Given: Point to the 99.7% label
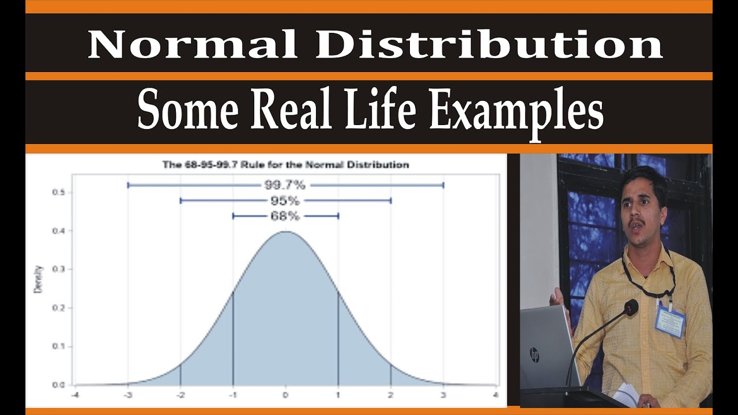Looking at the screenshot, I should [x=285, y=185].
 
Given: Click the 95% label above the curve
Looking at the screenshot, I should [x=285, y=201].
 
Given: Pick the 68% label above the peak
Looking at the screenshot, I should [x=285, y=216].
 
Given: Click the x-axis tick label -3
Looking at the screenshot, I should [x=127, y=395].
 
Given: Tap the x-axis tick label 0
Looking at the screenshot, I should [x=285, y=395].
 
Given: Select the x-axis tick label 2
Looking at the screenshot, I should [x=391, y=395].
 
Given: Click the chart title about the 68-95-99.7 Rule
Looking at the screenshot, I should [x=285, y=165].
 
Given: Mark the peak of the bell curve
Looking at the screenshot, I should [x=285, y=232].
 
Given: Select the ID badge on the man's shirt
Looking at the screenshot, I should [x=669, y=321].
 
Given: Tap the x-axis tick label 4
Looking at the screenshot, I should [x=496, y=395].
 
